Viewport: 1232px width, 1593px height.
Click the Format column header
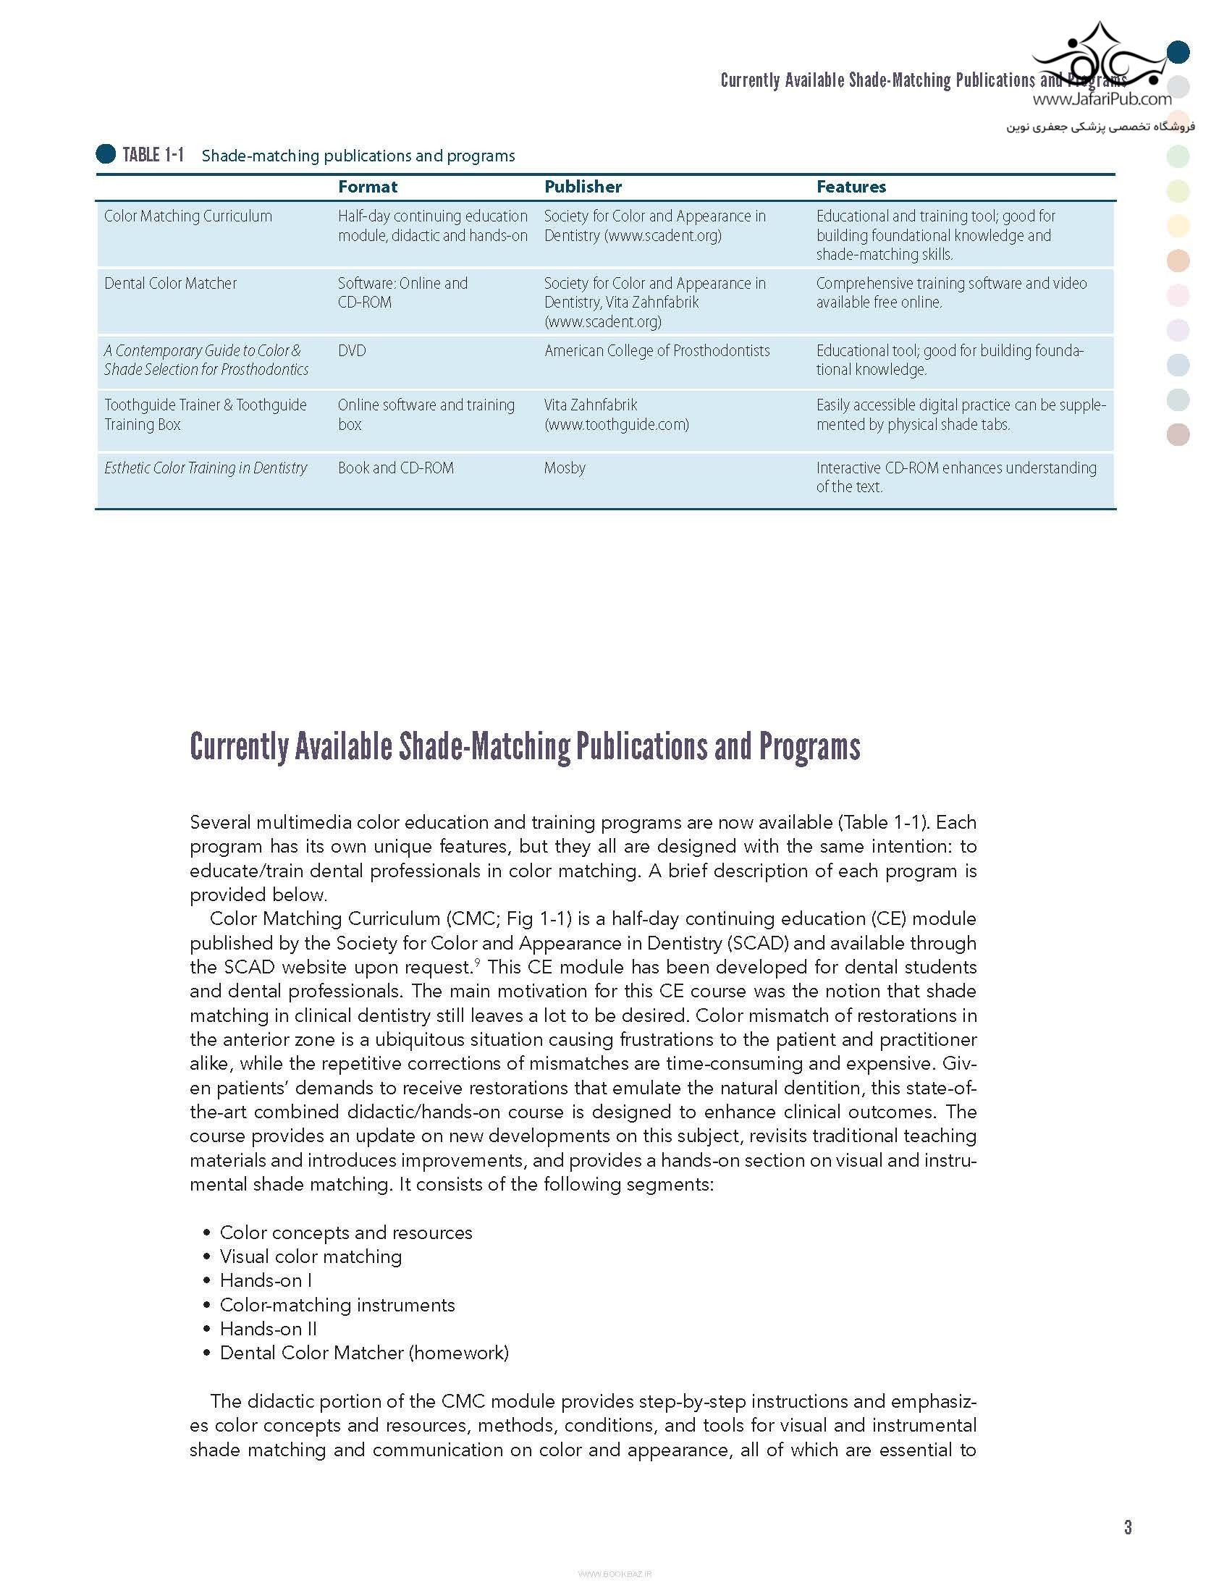(367, 187)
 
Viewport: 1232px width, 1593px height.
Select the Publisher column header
(583, 187)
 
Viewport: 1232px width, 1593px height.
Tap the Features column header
(851, 187)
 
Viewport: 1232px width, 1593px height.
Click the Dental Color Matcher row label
(171, 283)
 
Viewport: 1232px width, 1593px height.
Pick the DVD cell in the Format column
(352, 351)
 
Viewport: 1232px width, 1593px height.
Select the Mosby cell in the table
(565, 468)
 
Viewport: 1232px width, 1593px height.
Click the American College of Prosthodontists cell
(657, 351)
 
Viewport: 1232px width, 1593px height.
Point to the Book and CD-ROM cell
(395, 468)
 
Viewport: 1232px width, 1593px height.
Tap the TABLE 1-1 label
(153, 155)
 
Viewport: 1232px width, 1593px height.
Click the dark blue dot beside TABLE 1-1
(106, 154)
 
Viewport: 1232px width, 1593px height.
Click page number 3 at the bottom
(1128, 1526)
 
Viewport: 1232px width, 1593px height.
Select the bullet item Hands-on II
(269, 1328)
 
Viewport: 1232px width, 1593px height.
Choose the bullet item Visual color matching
(311, 1256)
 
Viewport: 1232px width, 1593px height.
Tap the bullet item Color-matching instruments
(337, 1304)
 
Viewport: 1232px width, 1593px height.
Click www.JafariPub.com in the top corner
(1102, 99)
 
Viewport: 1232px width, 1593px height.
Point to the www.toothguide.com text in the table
(617, 425)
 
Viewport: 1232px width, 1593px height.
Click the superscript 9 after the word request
(477, 963)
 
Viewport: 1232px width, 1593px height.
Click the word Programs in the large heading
(810, 746)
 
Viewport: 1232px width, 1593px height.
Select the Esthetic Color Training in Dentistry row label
(206, 468)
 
